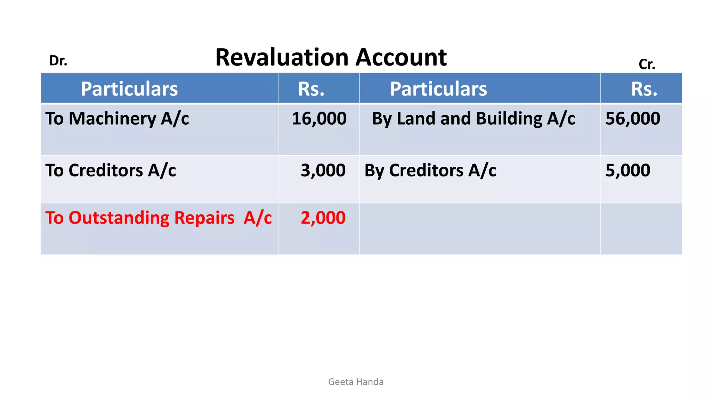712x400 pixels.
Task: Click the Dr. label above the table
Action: [58, 61]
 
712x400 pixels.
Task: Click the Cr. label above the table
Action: [647, 64]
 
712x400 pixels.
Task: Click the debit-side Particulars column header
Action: [129, 89]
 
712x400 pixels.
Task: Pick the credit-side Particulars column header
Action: [438, 89]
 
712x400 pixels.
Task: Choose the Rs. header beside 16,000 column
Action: [311, 89]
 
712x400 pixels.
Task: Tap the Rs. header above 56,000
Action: [644, 89]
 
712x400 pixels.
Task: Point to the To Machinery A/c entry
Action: [117, 119]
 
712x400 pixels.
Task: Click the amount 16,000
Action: [319, 119]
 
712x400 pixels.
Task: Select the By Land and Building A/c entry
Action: [473, 119]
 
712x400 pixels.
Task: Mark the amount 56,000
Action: [632, 119]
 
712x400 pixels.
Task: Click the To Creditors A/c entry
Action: [111, 170]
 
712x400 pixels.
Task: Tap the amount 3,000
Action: [323, 170]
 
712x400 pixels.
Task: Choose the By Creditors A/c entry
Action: [430, 170]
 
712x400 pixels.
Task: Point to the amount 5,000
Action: [628, 170]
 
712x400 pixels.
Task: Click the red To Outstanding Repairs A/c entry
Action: [158, 218]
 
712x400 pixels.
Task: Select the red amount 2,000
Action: [323, 218]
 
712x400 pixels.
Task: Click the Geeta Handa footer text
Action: [356, 382]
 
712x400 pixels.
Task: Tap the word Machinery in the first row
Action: [112, 119]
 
